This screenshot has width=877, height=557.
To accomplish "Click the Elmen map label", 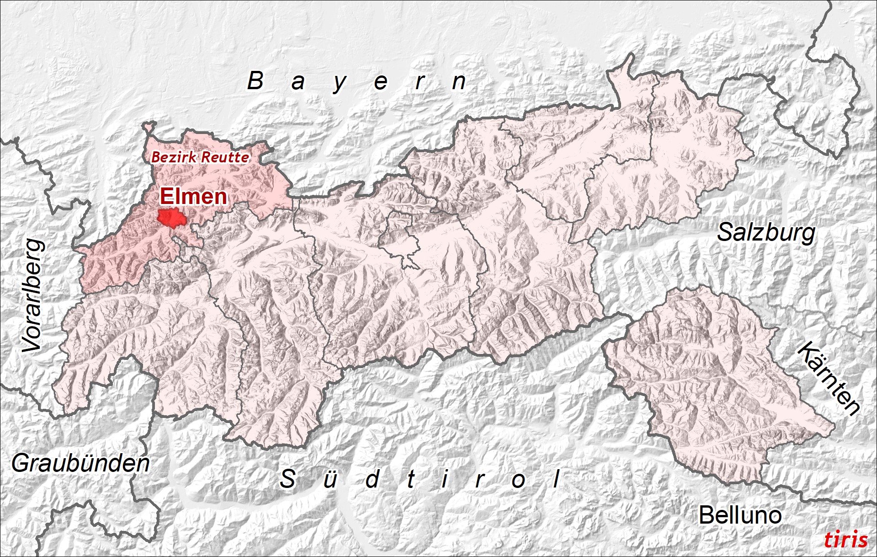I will [x=193, y=197].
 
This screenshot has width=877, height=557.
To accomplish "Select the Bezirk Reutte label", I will [x=200, y=157].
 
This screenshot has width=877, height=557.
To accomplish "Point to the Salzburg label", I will [x=766, y=233].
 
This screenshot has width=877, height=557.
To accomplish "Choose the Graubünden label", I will [x=80, y=464].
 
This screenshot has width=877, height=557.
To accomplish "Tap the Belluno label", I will [x=740, y=515].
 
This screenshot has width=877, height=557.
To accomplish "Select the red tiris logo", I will [x=845, y=540].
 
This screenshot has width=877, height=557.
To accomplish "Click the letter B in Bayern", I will [x=255, y=81].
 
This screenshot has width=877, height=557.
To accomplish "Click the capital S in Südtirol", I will [x=287, y=479].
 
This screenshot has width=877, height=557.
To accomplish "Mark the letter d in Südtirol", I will [x=372, y=479].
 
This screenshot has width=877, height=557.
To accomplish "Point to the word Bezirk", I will [x=174, y=157].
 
